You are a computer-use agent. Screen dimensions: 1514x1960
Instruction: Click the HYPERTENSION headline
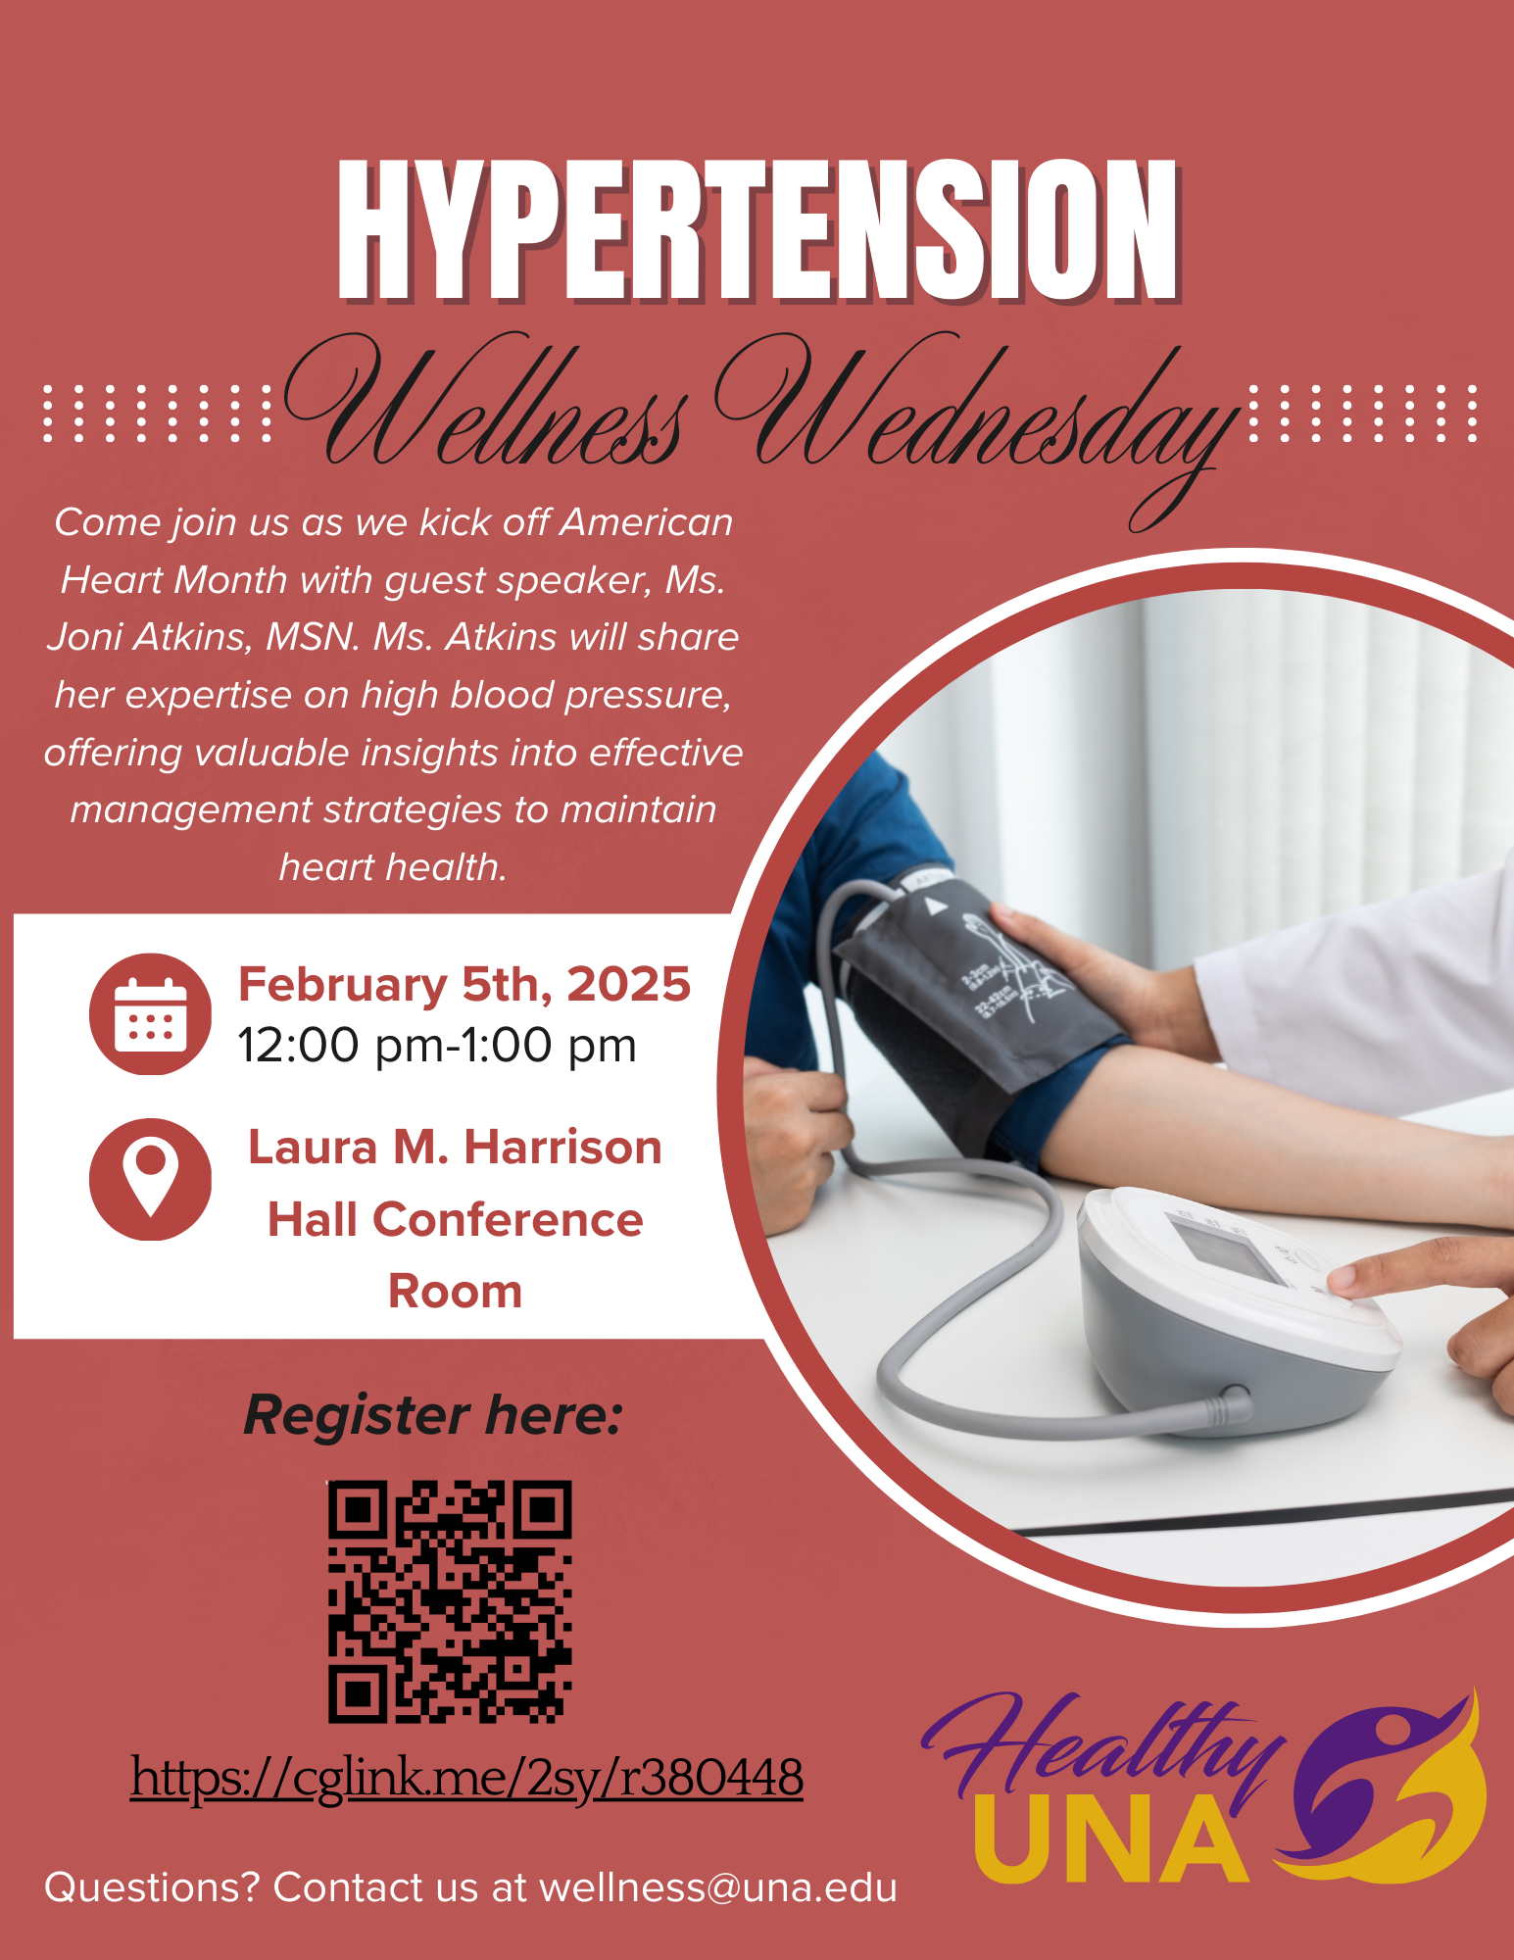757,230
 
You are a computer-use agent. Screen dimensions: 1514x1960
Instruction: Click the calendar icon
150,1014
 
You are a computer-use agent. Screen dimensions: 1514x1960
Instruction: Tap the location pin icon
150,1179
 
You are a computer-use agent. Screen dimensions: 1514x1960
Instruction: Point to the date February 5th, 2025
464,985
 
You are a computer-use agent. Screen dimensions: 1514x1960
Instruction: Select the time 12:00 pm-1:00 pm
437,1046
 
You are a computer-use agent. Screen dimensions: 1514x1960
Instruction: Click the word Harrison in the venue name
562,1148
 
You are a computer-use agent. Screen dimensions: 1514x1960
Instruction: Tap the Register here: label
433,1415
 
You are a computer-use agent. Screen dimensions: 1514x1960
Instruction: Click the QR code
450,1601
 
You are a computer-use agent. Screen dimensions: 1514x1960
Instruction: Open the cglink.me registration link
466,1777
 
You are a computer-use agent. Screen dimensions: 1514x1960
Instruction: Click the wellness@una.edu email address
718,1887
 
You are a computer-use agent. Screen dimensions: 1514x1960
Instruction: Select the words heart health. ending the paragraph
393,868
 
